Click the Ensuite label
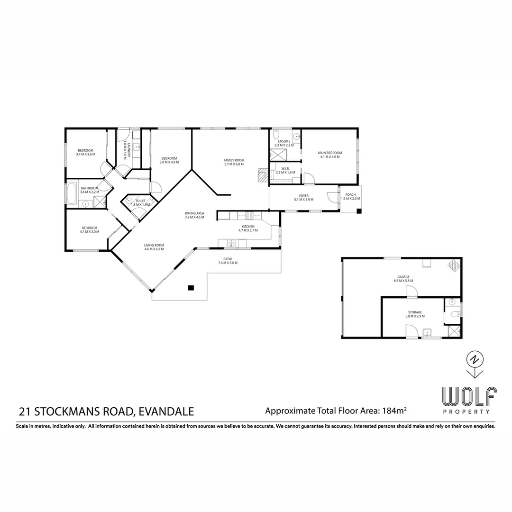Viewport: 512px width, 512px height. click(284, 143)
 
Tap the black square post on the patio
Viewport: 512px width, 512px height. click(191, 287)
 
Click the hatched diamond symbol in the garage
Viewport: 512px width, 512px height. click(454, 265)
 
